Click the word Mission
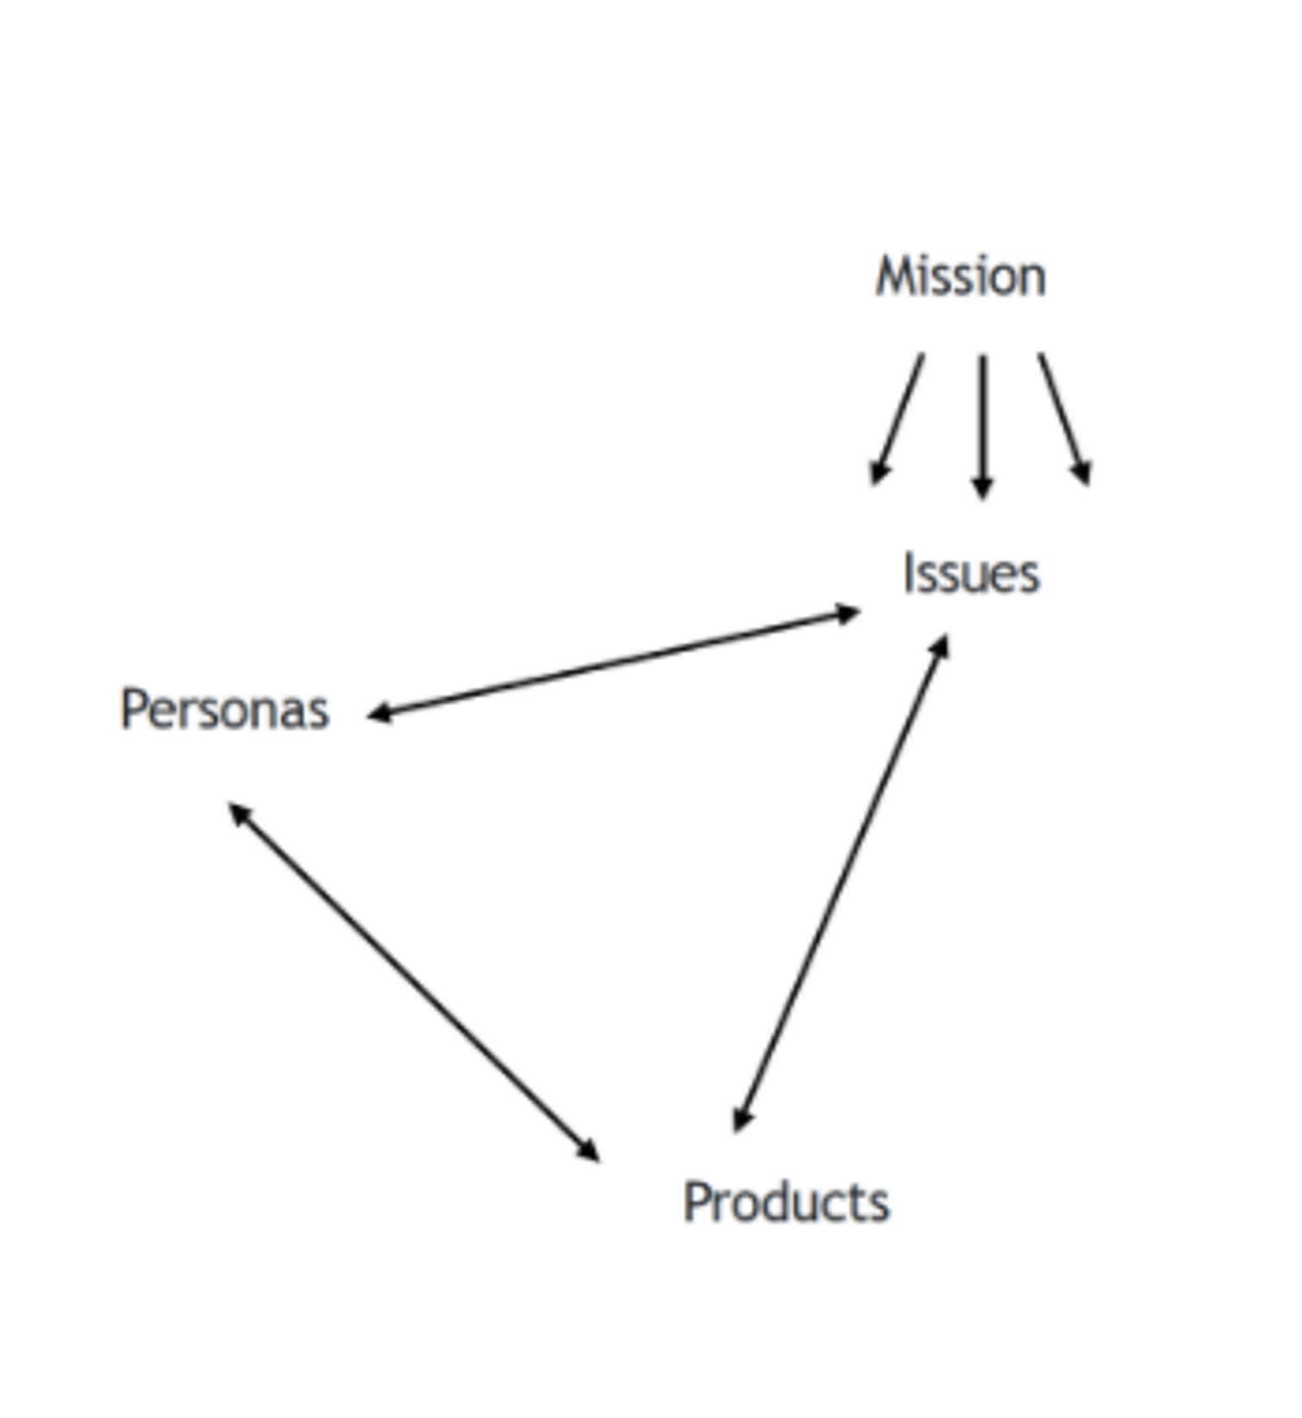pyautogui.click(x=961, y=277)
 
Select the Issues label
pyautogui.click(x=971, y=574)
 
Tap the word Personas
pyautogui.click(x=225, y=710)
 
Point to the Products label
pyautogui.click(x=786, y=1202)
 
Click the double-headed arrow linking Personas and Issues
pyautogui.click(x=614, y=663)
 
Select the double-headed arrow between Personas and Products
pyautogui.click(x=414, y=982)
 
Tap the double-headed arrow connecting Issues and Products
pyautogui.click(x=841, y=883)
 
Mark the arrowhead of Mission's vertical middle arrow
pyautogui.click(x=982, y=488)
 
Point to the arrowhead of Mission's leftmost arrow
pyautogui.click(x=878, y=473)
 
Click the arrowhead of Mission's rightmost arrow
pyautogui.click(x=1083, y=473)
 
